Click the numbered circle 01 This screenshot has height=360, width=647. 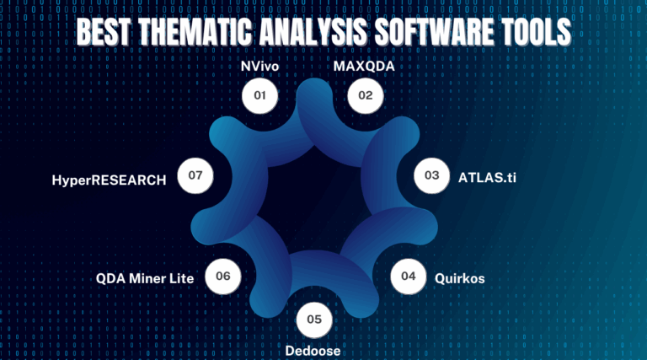click(259, 96)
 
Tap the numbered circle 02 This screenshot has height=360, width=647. click(365, 96)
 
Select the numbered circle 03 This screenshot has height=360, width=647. click(431, 175)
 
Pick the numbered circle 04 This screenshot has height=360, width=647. click(408, 276)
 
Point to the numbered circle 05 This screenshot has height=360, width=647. click(314, 320)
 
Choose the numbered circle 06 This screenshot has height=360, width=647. click(223, 276)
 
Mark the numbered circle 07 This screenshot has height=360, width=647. click(195, 175)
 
